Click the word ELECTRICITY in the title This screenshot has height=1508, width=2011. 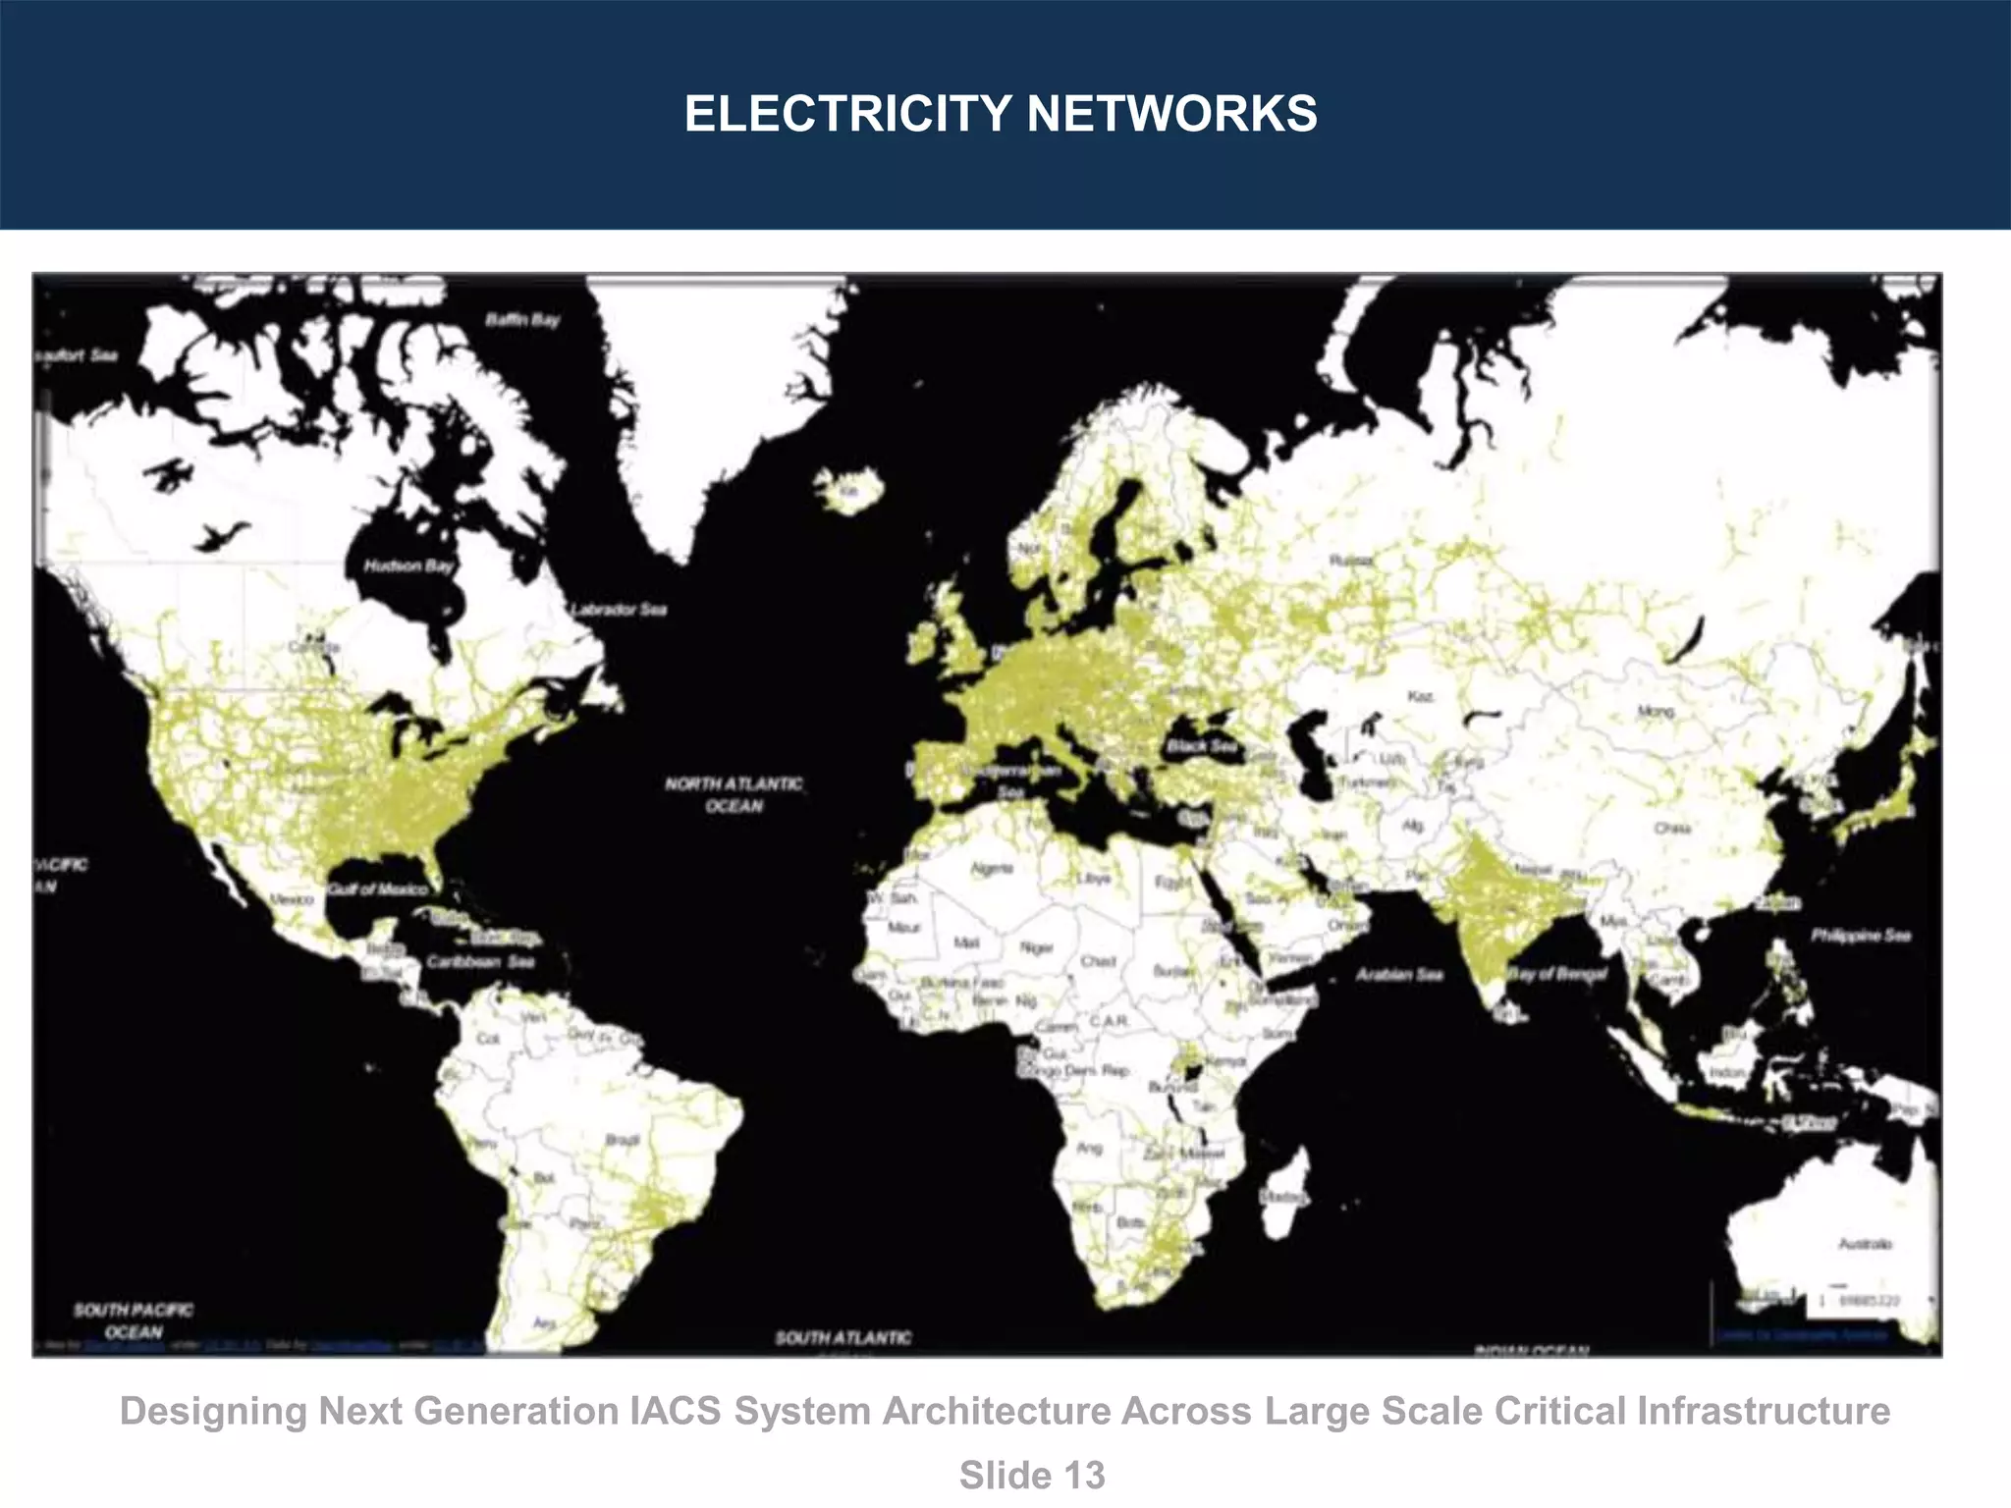[x=847, y=113]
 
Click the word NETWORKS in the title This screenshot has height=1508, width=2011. [x=1171, y=113]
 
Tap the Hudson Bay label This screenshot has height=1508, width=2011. [x=408, y=565]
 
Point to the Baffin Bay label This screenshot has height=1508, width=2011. [x=522, y=320]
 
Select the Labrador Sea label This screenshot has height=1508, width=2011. [x=619, y=610]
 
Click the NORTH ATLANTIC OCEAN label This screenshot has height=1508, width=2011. [x=734, y=794]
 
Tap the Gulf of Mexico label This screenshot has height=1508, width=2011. [x=378, y=889]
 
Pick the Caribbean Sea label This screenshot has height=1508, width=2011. [x=480, y=961]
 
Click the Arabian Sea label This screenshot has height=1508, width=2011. [x=1398, y=975]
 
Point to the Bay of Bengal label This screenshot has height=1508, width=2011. [x=1557, y=974]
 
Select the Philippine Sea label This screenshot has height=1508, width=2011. [x=1861, y=935]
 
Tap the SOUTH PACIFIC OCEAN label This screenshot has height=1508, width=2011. [x=134, y=1320]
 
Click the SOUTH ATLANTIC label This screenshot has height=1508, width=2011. [x=842, y=1337]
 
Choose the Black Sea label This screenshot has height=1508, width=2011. [x=1201, y=746]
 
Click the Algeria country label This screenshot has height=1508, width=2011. [x=992, y=869]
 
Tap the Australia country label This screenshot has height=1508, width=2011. [x=1864, y=1244]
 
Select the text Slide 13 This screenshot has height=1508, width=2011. [x=1032, y=1476]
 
